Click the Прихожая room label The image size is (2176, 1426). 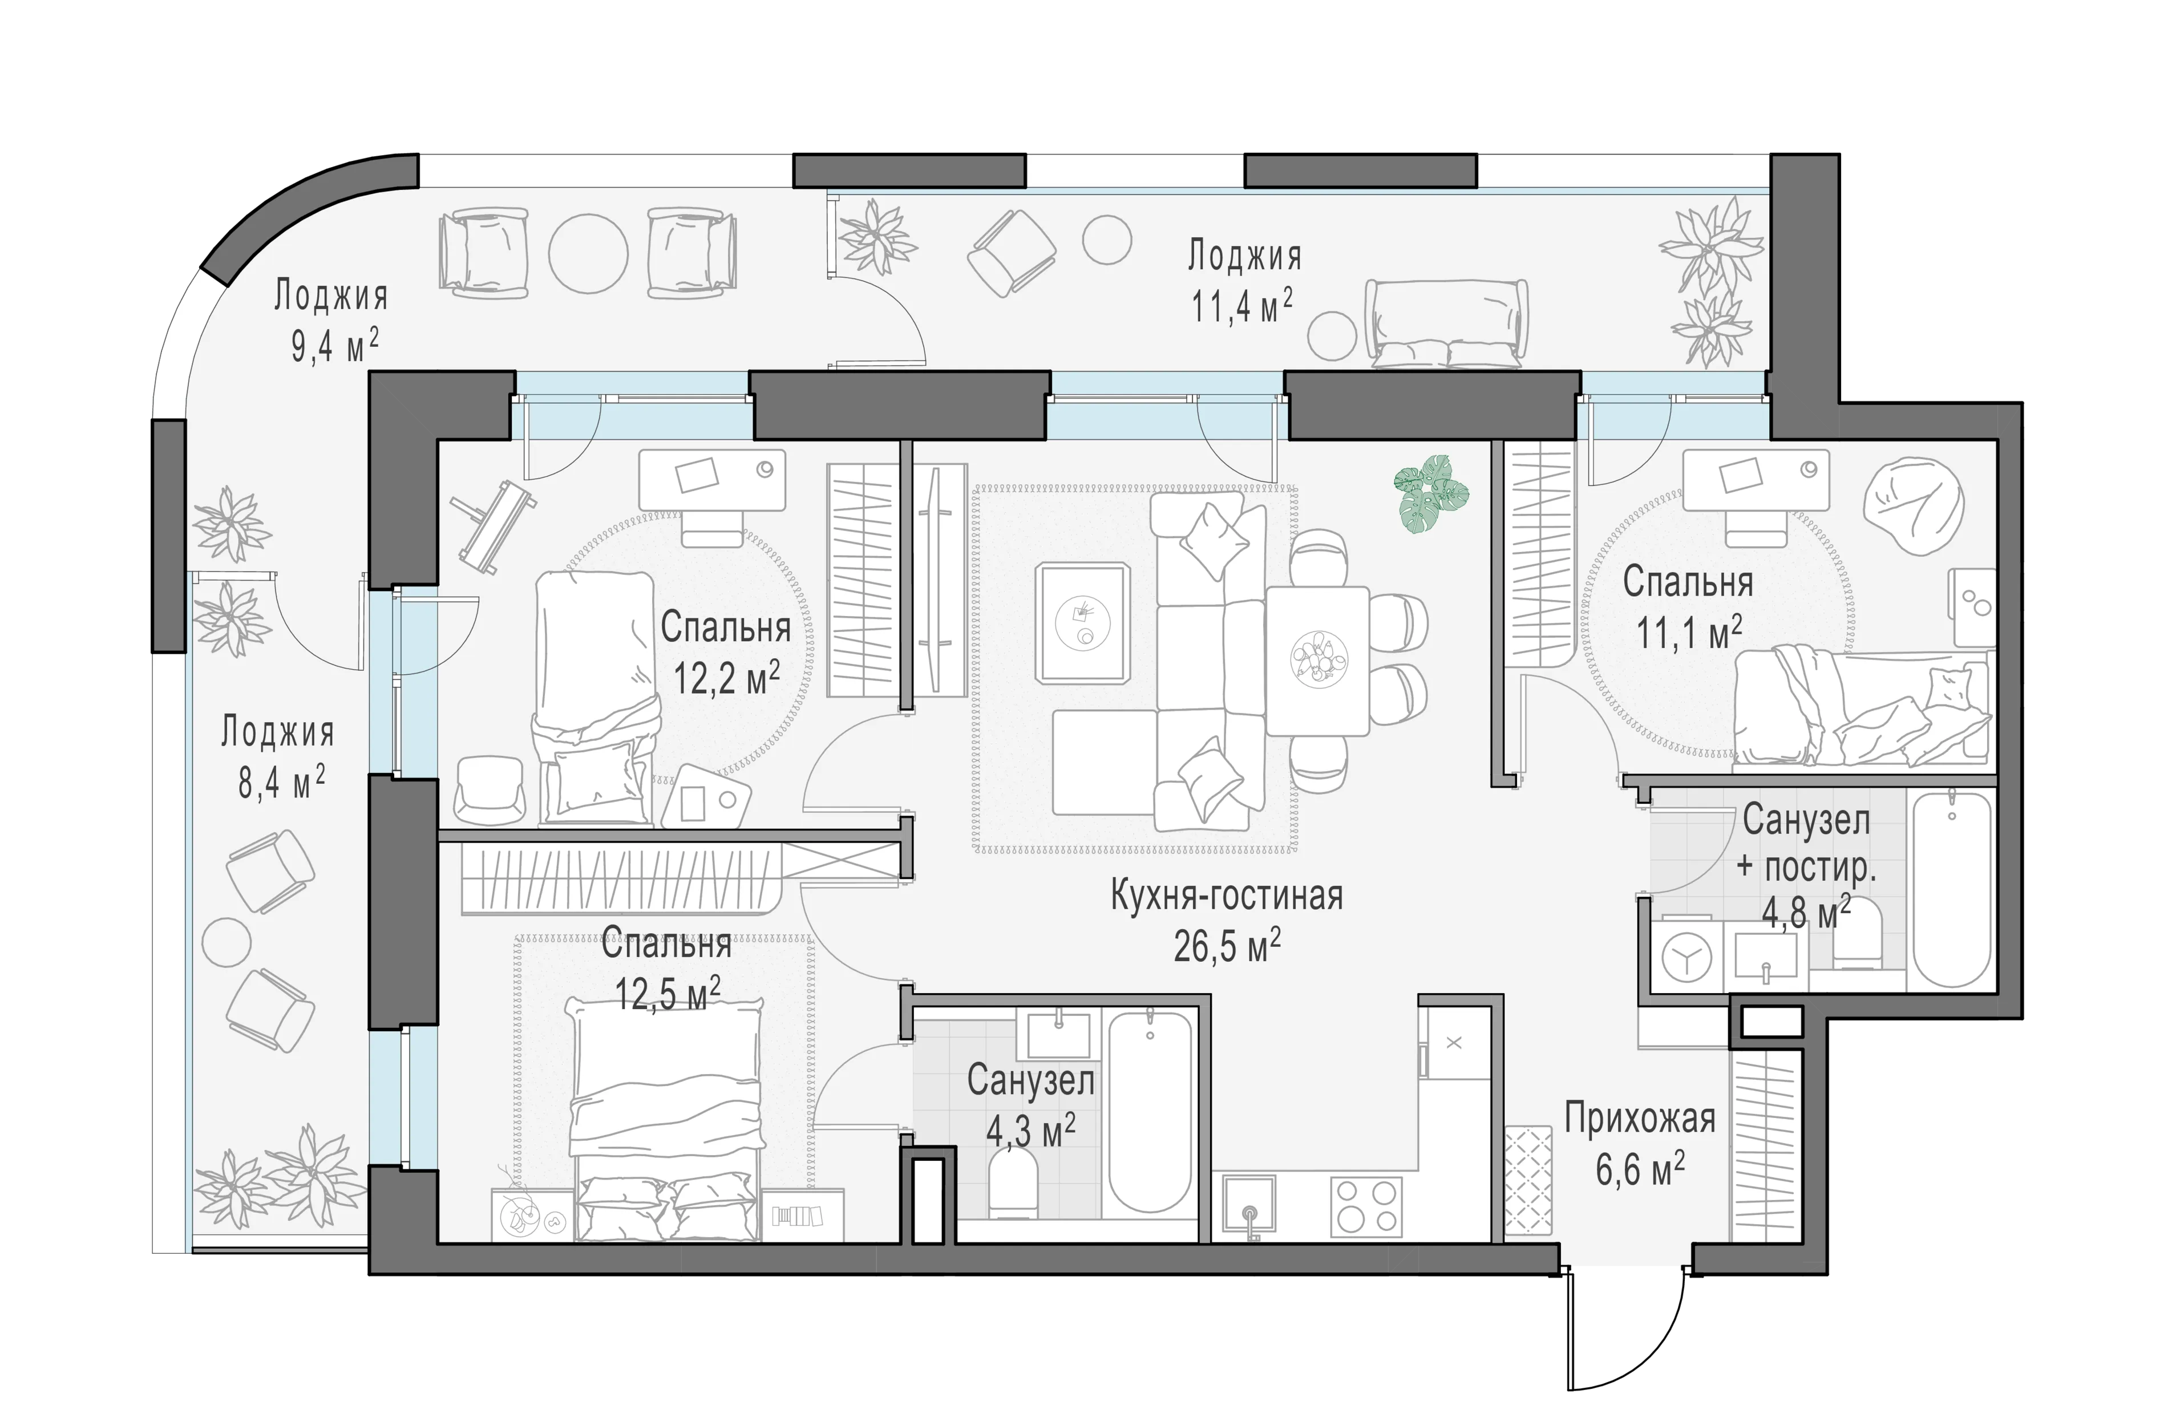pos(1640,1120)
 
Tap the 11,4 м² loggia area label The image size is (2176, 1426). pos(1241,307)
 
